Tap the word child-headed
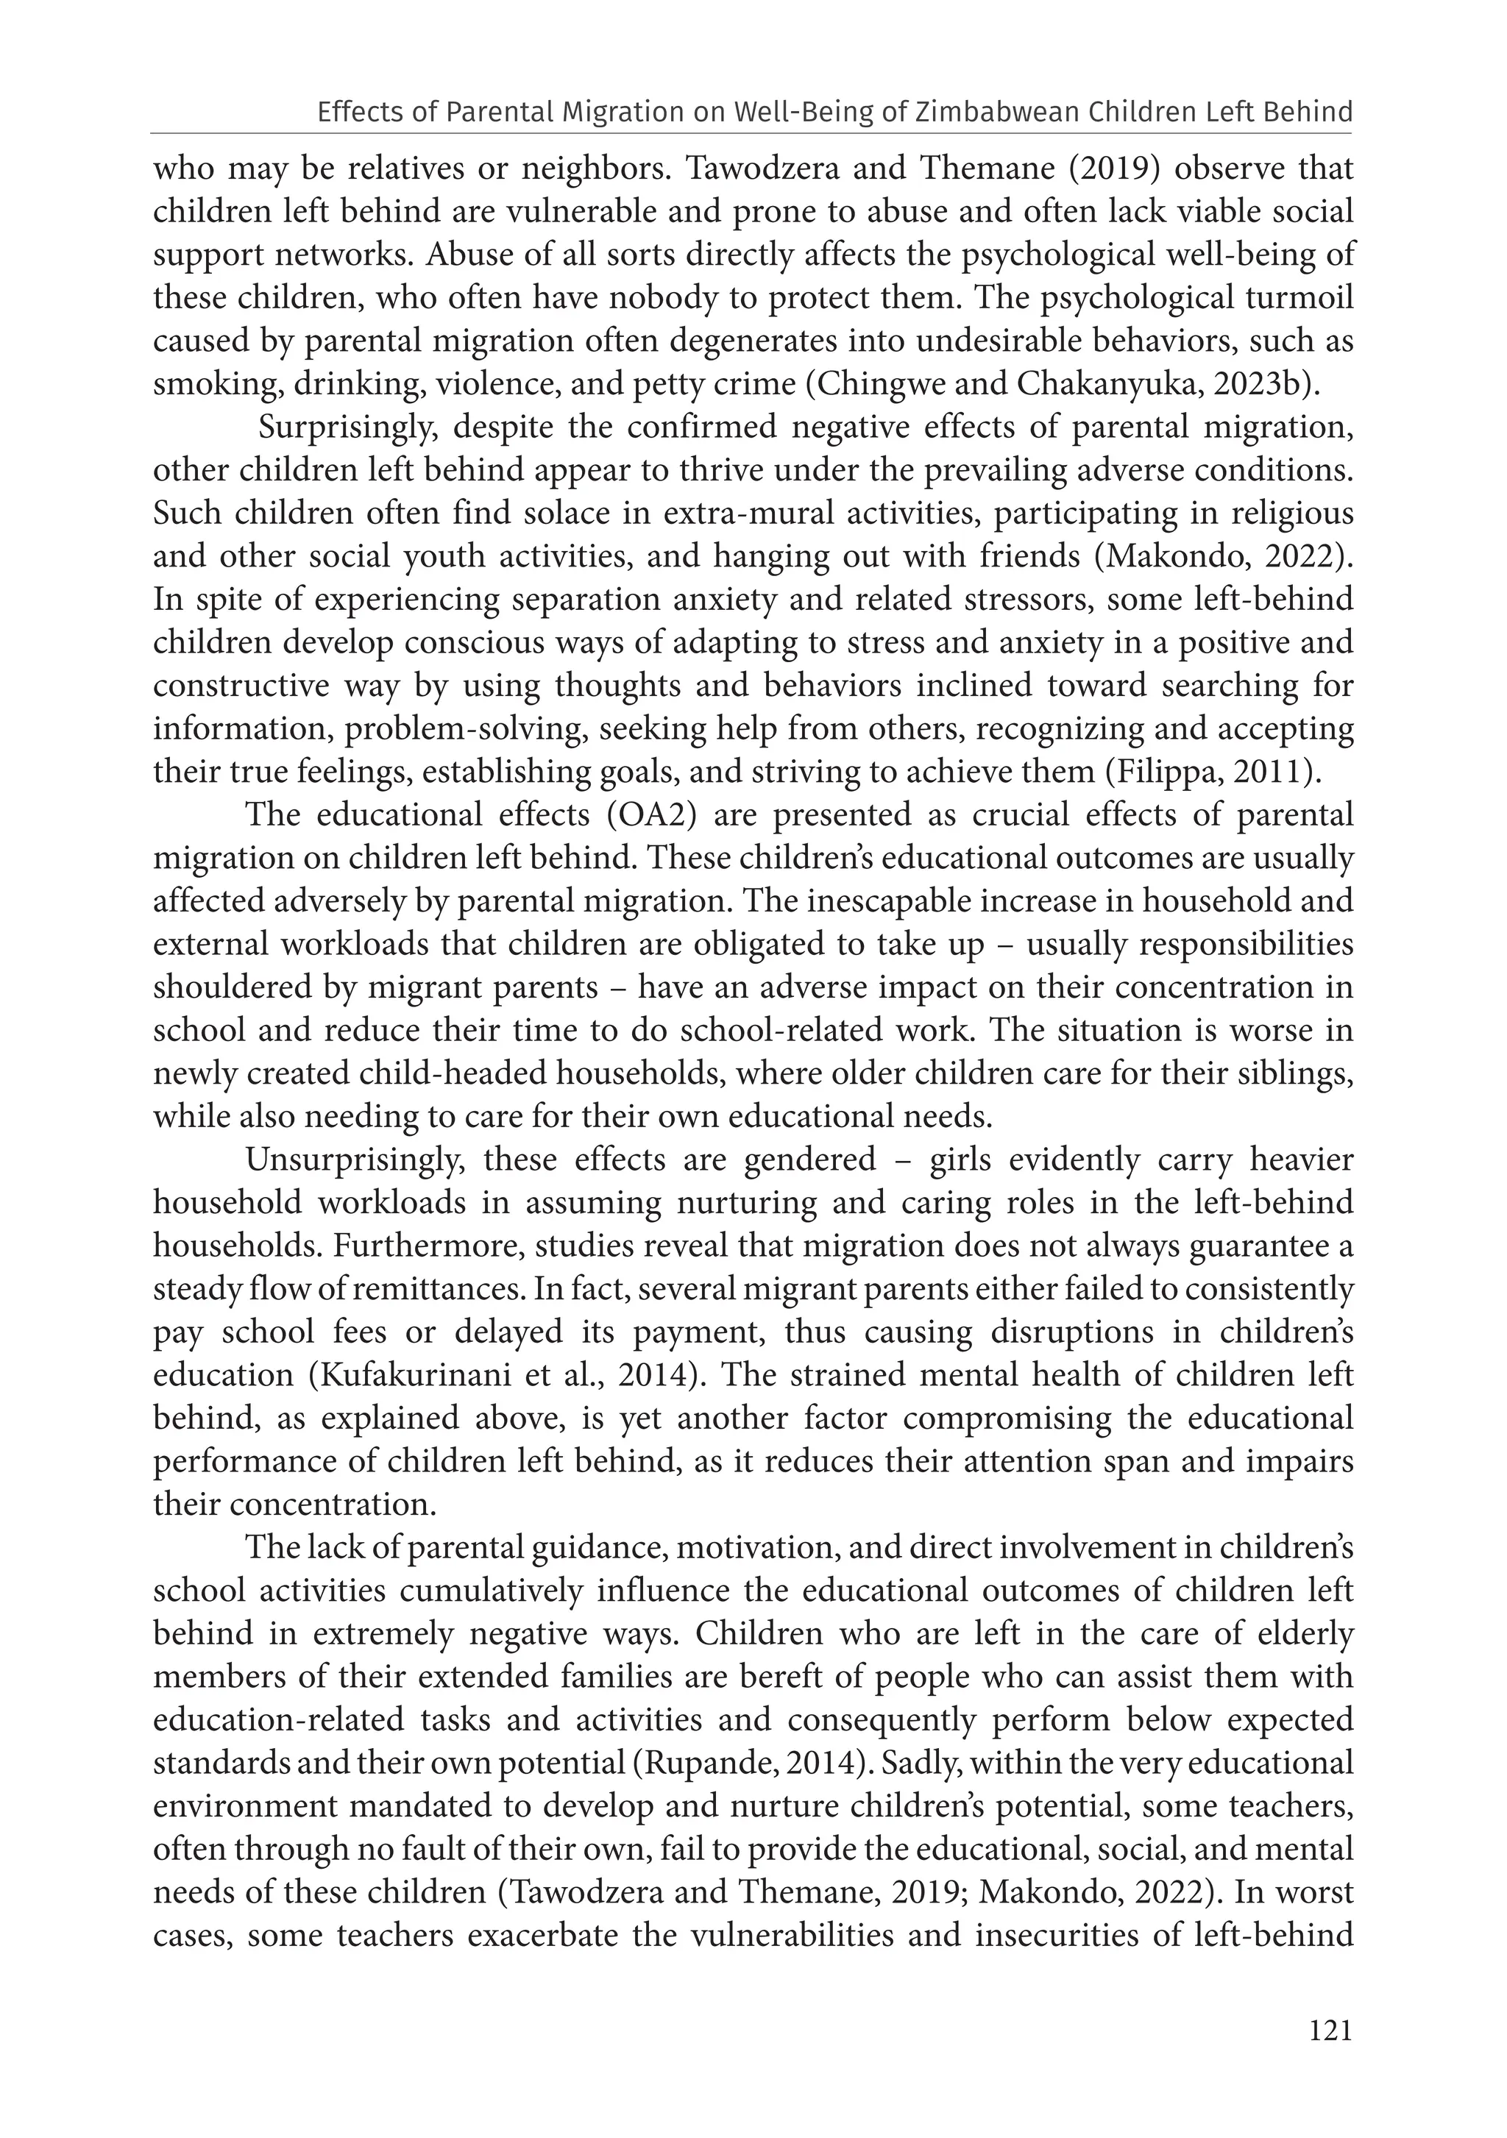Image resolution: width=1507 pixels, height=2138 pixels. coord(458,1073)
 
